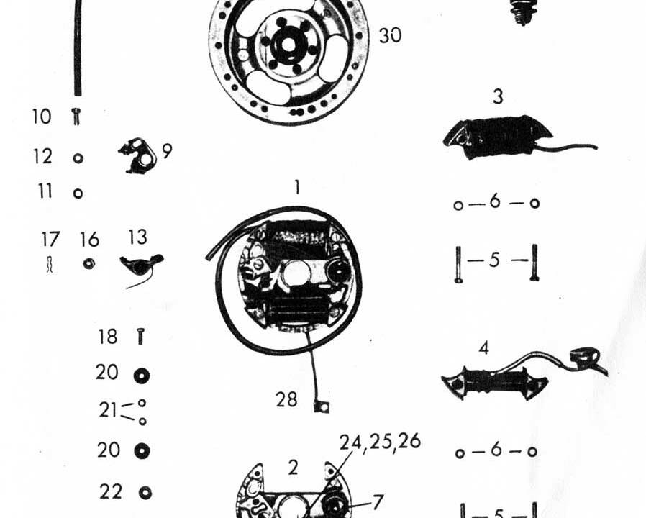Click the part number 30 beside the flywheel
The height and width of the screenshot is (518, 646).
(390, 35)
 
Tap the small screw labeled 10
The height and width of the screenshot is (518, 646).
(76, 116)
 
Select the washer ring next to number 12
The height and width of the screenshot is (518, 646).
(78, 158)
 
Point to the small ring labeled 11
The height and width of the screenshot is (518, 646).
(78, 193)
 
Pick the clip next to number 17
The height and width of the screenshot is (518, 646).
(50, 265)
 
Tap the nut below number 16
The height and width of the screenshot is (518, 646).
(88, 263)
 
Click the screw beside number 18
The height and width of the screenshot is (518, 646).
(140, 335)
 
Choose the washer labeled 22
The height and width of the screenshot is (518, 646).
(143, 492)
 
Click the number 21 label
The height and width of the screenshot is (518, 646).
(108, 410)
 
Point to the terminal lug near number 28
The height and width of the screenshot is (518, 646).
(321, 408)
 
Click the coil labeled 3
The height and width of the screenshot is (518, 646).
(498, 136)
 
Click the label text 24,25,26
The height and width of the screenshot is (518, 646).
(380, 442)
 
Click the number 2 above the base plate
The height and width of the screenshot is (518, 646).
(293, 467)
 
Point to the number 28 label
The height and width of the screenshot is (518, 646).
(286, 399)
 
